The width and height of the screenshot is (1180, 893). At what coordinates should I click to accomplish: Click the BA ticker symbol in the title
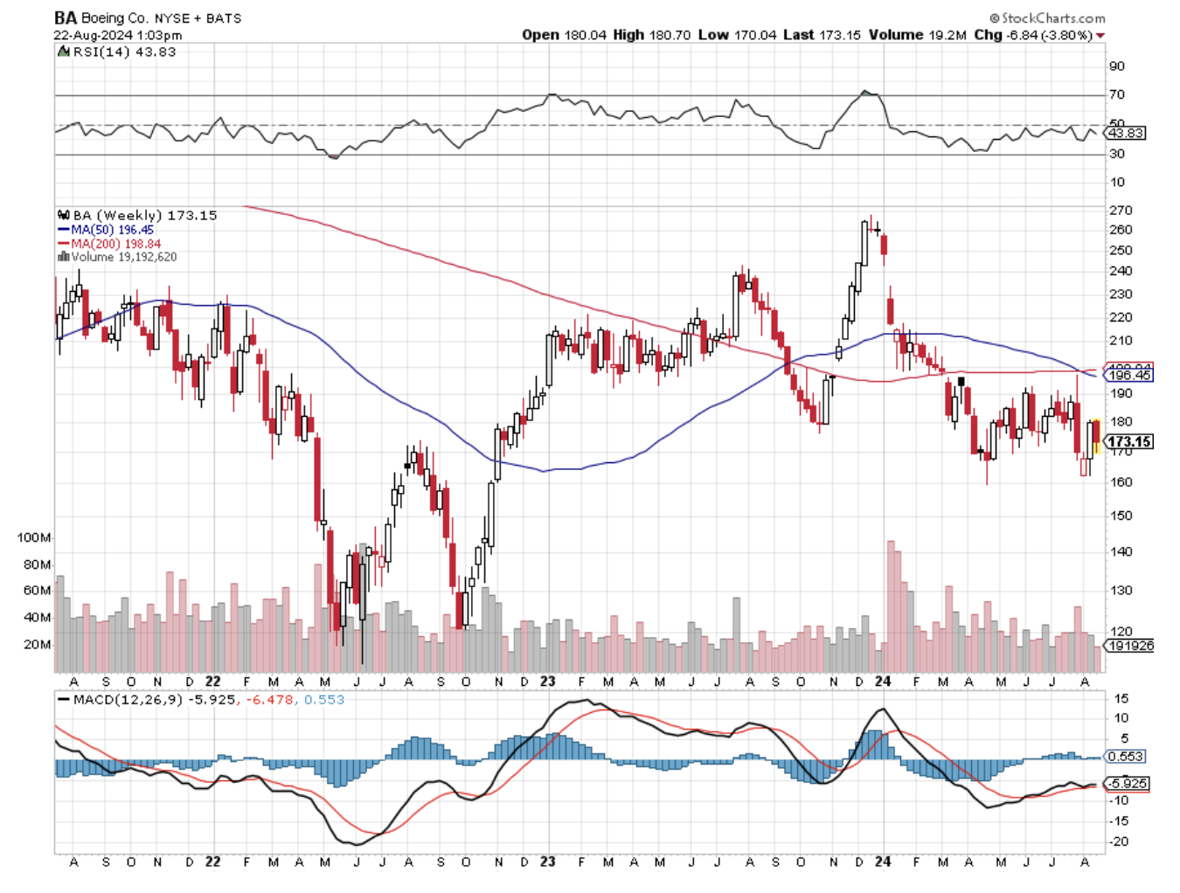[65, 17]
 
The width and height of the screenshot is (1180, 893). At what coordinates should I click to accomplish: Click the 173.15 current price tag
[1129, 442]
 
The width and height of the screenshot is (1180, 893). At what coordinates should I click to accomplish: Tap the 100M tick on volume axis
[34, 537]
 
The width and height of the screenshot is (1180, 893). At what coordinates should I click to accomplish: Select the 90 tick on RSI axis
[1116, 66]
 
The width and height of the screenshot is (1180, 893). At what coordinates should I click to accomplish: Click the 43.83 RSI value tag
[1125, 133]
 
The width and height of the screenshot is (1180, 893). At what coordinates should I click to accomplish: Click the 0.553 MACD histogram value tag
[1125, 757]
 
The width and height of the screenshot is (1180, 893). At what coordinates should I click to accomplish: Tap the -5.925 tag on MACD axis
[1127, 784]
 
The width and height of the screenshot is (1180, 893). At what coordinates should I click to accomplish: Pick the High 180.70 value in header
[651, 35]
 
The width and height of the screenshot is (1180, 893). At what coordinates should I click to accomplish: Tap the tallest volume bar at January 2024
[891, 603]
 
